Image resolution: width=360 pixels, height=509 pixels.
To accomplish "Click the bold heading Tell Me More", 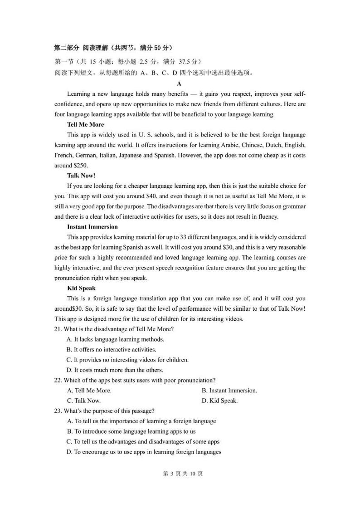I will point(85,124).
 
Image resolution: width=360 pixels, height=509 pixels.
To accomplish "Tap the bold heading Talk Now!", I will point(81,176).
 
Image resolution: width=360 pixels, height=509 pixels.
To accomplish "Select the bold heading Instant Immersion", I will point(92,227).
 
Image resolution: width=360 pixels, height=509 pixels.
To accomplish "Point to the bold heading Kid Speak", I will point(81,288).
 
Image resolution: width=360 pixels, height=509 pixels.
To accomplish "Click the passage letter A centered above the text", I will point(179,83).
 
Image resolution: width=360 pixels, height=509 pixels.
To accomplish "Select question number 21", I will point(58,329).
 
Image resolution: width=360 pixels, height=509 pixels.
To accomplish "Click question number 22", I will point(58,380).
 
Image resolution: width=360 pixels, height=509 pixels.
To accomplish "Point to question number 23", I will point(58,411).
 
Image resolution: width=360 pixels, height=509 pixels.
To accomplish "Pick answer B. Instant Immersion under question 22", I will point(229,391).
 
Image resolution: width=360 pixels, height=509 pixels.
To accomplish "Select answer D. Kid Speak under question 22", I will point(220,401).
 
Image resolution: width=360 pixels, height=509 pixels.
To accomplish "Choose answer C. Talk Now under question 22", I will point(84,401).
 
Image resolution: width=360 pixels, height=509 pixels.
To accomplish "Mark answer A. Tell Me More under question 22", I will point(89,391).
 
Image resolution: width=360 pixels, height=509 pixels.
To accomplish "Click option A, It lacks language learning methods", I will point(115,339).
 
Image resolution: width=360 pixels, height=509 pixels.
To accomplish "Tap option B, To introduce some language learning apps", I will point(131,431).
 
